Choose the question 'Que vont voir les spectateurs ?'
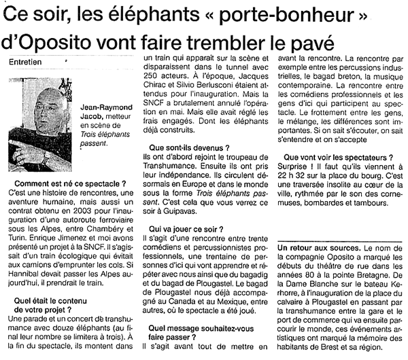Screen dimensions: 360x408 point(337,158)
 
